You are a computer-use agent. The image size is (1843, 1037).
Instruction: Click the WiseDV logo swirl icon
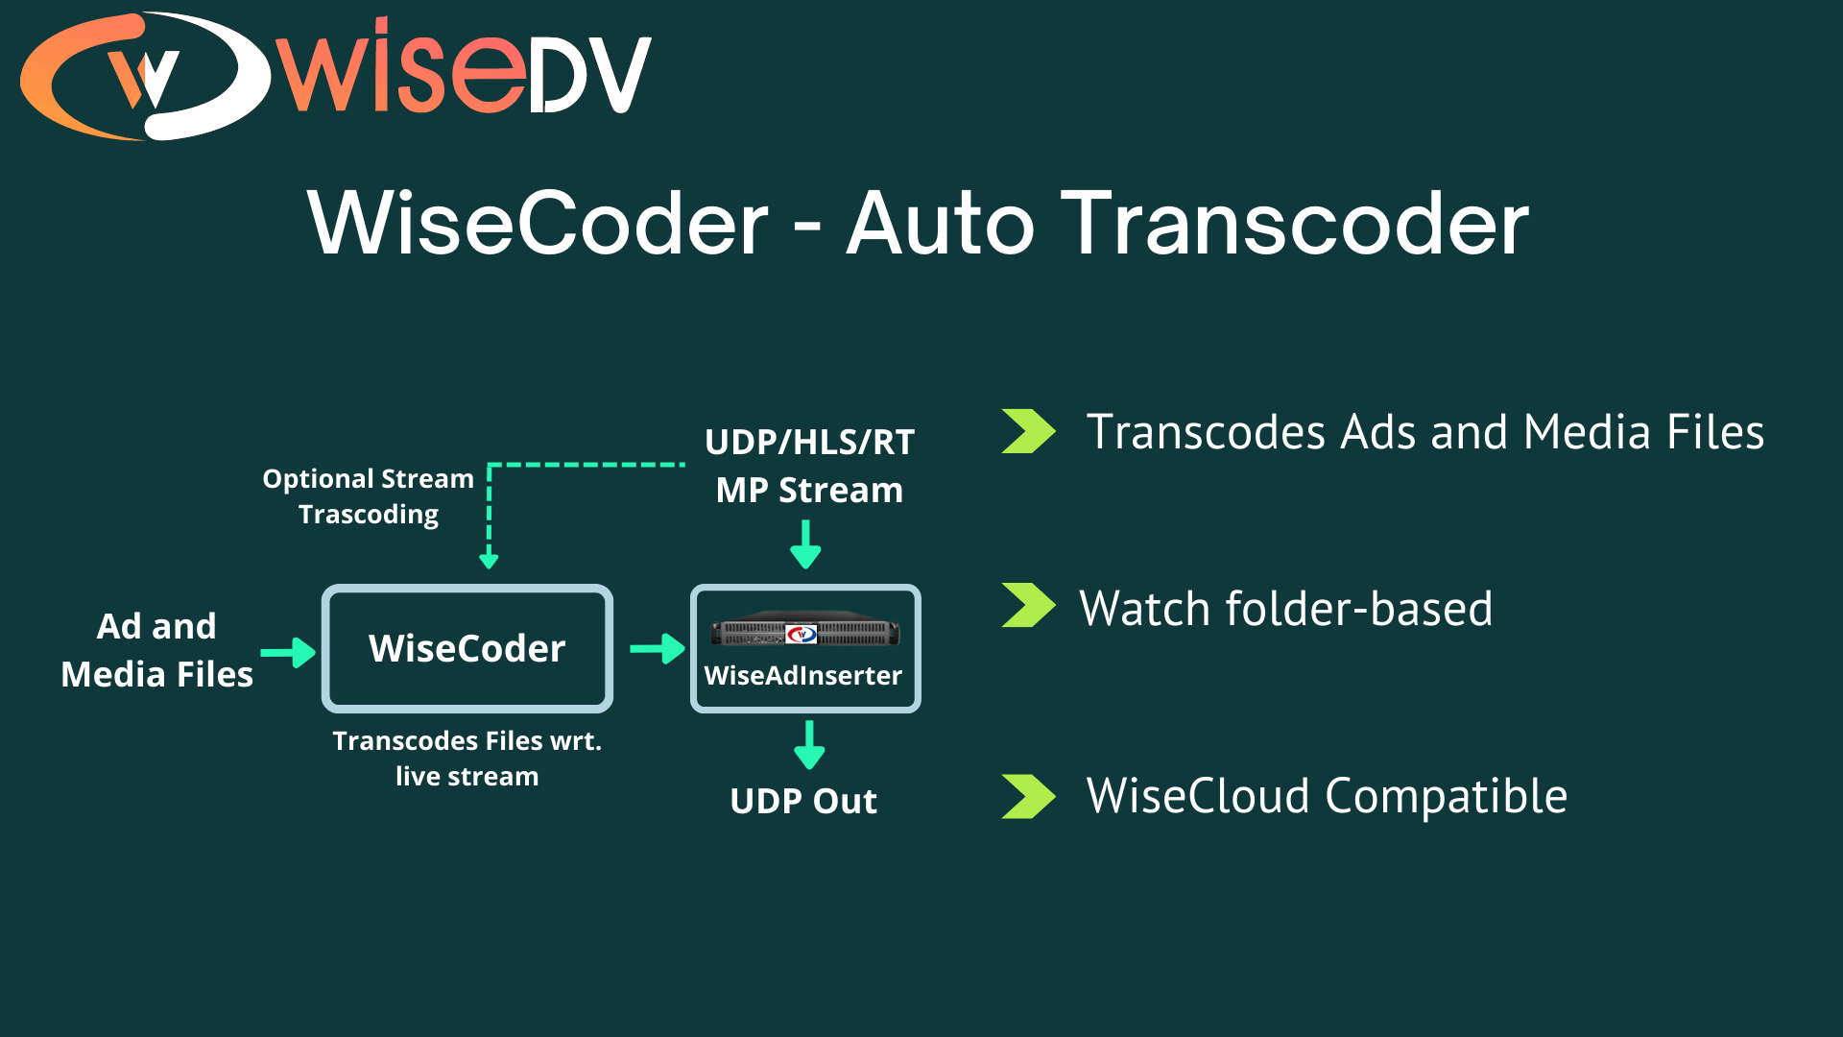[x=144, y=77]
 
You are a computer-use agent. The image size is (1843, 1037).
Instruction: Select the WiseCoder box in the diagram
[x=467, y=648]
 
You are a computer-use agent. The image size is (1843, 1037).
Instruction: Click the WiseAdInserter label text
[x=803, y=676]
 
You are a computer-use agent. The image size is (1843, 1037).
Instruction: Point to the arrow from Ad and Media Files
[x=288, y=652]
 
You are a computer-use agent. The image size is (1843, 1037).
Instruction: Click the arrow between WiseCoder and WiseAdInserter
[x=658, y=649]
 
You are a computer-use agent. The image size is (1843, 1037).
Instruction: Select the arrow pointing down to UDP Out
[x=809, y=745]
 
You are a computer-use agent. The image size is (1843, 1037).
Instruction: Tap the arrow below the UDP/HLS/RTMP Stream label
[x=805, y=544]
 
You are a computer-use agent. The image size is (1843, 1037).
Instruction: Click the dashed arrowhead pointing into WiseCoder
[x=489, y=560]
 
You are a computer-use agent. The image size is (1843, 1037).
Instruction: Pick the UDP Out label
[x=803, y=801]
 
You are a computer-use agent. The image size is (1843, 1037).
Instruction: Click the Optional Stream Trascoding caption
[x=369, y=496]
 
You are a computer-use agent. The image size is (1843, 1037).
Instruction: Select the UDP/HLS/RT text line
[x=809, y=443]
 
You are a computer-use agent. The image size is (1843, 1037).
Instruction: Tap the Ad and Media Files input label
[x=156, y=650]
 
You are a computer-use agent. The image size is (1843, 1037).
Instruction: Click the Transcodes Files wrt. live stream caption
[x=467, y=759]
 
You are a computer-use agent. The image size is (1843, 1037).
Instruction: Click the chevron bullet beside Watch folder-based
[x=1028, y=606]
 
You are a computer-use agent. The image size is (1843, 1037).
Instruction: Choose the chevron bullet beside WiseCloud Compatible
[x=1028, y=796]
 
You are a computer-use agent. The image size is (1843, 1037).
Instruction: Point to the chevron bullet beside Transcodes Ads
[x=1028, y=431]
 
